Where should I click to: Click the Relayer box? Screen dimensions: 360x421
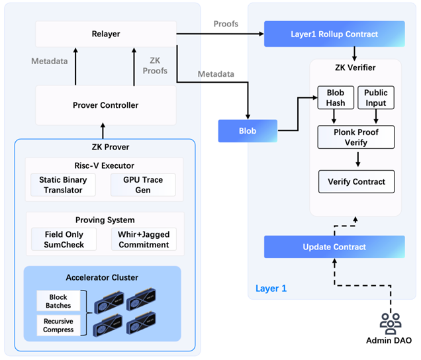click(106, 34)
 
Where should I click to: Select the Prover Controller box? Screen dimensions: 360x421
click(106, 105)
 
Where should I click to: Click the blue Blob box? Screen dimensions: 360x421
click(248, 130)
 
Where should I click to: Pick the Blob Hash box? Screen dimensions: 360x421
click(336, 98)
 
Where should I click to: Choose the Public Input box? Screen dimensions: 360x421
click(376, 98)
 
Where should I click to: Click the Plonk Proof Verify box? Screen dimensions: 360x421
click(356, 138)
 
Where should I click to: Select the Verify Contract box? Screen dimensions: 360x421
click(356, 181)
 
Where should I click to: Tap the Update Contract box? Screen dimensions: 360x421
click(334, 247)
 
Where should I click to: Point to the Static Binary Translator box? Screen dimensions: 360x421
click(64, 185)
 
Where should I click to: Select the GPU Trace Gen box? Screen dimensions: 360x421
click(143, 185)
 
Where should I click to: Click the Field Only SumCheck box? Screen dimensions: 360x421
click(64, 239)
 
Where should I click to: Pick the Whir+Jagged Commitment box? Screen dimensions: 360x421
click(143, 239)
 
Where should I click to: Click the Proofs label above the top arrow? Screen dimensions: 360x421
click(226, 24)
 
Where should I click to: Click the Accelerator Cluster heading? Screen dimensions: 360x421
click(103, 277)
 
